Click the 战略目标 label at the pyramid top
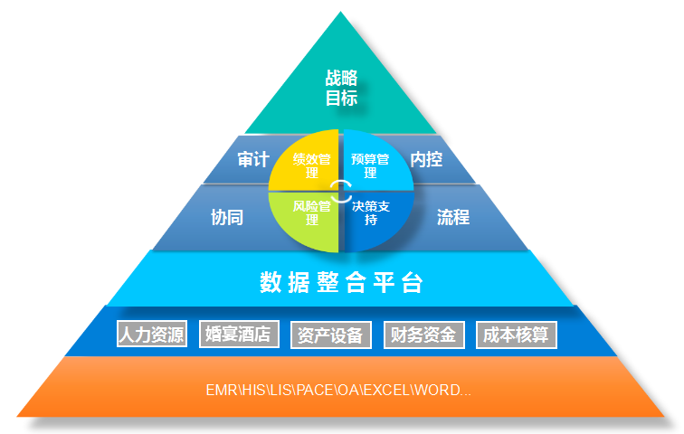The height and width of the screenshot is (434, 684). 341,88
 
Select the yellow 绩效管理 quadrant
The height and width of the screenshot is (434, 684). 306,164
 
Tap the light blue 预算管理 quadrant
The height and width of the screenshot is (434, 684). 376,164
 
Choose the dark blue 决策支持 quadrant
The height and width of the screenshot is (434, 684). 375,218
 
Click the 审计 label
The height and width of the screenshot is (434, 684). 253,159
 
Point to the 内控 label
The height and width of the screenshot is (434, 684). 426,159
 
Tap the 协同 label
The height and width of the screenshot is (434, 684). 227,217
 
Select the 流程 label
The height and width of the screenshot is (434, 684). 453,217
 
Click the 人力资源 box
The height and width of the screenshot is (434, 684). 152,334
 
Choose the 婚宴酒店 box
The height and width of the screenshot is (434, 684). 239,334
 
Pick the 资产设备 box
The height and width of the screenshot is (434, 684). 330,335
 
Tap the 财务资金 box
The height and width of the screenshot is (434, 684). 424,335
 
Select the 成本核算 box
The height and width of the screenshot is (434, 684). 517,335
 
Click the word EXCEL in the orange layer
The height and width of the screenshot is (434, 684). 386,390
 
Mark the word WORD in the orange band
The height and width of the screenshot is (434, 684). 437,390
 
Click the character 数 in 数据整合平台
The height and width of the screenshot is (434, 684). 271,282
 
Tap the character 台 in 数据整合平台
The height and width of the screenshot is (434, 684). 413,282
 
